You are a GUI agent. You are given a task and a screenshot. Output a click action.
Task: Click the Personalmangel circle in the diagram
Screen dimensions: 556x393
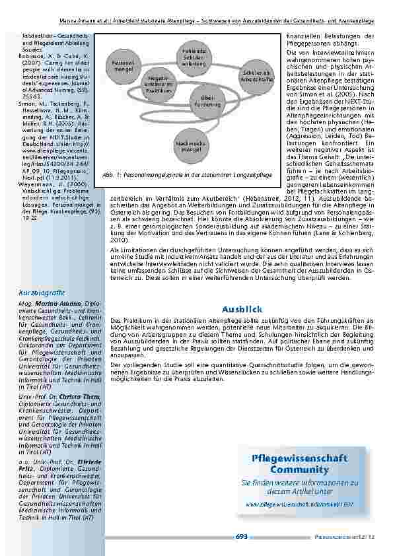124,65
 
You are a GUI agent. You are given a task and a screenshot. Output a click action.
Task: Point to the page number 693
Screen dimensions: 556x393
242,536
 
